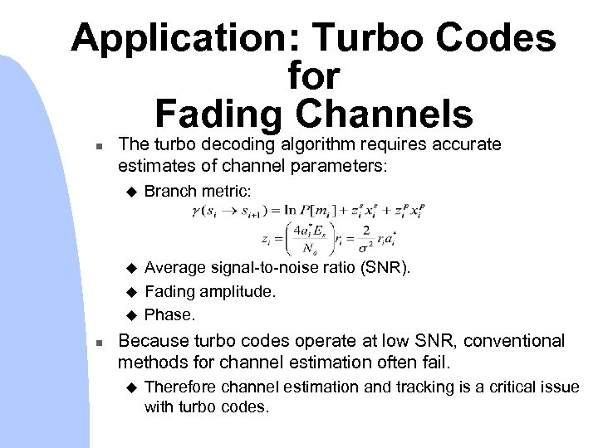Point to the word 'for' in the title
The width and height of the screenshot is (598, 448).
tap(313, 76)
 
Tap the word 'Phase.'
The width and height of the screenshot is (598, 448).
tap(170, 314)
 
